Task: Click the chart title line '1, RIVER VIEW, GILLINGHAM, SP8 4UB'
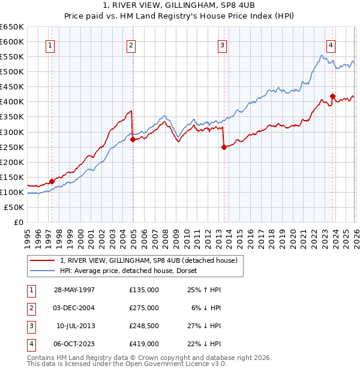tap(179, 5)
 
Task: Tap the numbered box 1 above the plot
tap(51, 45)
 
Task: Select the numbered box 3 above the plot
tap(222, 45)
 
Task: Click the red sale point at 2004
tap(133, 139)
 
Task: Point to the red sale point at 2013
tap(224, 147)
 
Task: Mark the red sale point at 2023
tap(332, 96)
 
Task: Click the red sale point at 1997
tap(52, 181)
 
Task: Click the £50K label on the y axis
tap(14, 207)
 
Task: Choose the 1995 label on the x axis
tap(28, 235)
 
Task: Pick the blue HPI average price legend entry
tap(132, 271)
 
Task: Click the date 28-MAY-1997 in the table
tap(74, 290)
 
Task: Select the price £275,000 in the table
tap(143, 308)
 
